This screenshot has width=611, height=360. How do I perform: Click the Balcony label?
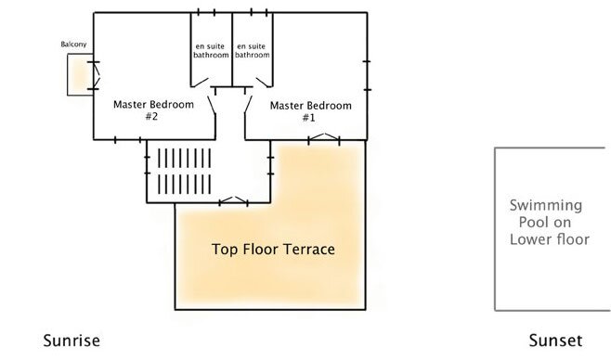73,45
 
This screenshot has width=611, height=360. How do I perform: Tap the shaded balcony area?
80,74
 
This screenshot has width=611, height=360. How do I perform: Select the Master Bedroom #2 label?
153,110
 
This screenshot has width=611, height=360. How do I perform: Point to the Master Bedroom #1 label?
310,111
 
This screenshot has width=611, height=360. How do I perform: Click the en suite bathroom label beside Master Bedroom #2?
211,51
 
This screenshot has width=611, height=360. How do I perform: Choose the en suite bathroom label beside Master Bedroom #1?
253,51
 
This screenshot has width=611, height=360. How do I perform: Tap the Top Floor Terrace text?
273,249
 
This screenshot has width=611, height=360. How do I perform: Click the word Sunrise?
71,341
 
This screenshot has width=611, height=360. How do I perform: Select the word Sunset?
555,341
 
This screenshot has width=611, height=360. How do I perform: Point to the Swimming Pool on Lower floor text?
549,223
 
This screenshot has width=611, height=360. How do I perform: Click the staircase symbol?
184,172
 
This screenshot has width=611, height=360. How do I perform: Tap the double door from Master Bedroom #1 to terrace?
324,137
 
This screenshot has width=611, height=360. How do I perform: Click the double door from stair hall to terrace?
233,200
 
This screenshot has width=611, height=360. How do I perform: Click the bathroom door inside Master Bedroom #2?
200,83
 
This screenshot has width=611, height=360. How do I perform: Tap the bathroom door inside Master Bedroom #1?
264,83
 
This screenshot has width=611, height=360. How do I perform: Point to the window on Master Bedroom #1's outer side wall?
367,75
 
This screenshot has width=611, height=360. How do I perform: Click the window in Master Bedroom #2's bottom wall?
128,140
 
